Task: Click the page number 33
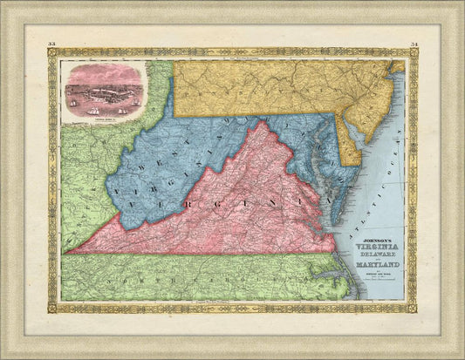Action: tap(52, 43)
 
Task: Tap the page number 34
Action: tap(413, 43)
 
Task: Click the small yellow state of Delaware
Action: tap(350, 143)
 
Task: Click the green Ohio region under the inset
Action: tap(87, 144)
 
